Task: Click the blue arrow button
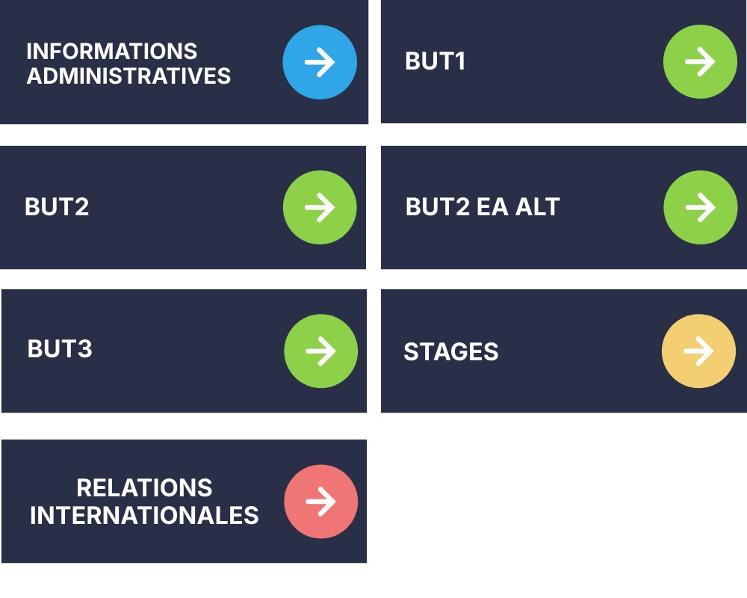click(x=320, y=62)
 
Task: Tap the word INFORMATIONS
click(x=112, y=51)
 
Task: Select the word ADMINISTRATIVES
click(x=128, y=75)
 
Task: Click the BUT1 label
click(x=435, y=61)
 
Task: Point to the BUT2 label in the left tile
click(x=57, y=206)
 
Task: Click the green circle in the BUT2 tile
click(x=320, y=208)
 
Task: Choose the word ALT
click(x=538, y=206)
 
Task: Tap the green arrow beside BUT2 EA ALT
click(x=701, y=208)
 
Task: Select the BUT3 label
click(x=60, y=348)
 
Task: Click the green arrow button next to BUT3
click(x=320, y=351)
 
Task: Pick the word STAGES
click(x=450, y=352)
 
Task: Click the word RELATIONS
click(x=144, y=487)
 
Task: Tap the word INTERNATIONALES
click(x=144, y=515)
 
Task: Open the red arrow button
click(x=320, y=501)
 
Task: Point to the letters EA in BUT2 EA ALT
click(x=492, y=206)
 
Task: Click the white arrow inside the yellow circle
click(x=698, y=351)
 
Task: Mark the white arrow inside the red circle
click(x=320, y=501)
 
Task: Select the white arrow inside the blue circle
click(x=320, y=62)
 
